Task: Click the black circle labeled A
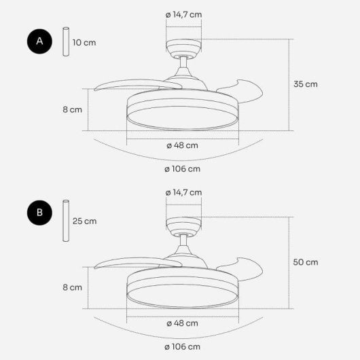(x=39, y=41)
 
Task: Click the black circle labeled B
(x=39, y=213)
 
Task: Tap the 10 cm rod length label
(x=84, y=42)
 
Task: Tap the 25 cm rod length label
(x=84, y=221)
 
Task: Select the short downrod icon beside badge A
(x=67, y=42)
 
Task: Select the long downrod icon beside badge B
(x=67, y=221)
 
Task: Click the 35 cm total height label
(x=305, y=84)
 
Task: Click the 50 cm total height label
(x=305, y=262)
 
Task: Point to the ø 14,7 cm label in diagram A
(x=183, y=14)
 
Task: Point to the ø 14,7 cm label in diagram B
(x=183, y=193)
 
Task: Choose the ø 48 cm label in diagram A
(x=183, y=145)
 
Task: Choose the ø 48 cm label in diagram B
(x=183, y=323)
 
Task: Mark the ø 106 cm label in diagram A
(x=182, y=168)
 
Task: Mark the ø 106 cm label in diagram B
(x=182, y=347)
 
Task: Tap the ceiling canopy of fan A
(x=183, y=47)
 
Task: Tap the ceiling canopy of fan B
(x=183, y=225)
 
